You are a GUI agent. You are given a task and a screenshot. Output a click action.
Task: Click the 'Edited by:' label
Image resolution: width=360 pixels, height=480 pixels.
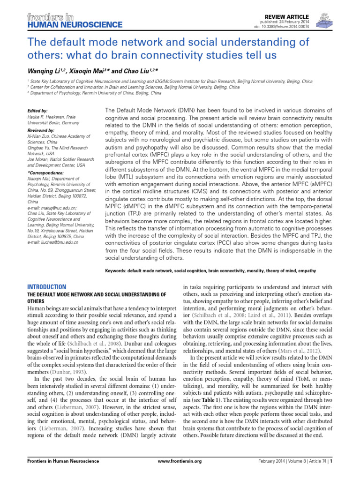[x=38, y=111]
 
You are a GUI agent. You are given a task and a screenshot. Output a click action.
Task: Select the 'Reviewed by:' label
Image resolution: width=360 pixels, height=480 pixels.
[x=41, y=130]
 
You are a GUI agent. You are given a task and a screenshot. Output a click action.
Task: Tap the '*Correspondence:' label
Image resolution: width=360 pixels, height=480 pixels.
[x=45, y=173]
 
